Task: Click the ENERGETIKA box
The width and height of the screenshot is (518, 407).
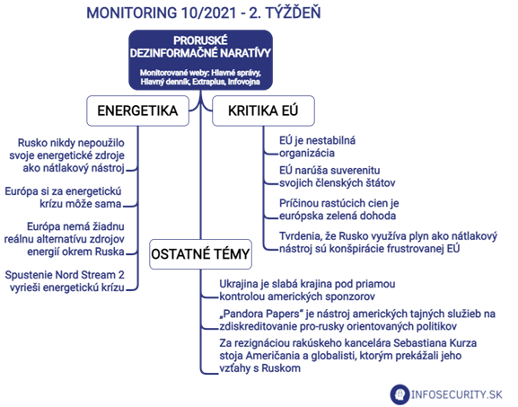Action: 137,111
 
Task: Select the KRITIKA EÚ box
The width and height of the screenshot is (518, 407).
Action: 263,111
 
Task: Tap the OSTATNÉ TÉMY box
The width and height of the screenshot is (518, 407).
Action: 200,254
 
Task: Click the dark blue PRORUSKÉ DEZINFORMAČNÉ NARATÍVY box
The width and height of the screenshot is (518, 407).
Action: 200,60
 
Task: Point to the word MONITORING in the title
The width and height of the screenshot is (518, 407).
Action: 132,13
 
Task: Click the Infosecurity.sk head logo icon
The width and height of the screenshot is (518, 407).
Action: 399,394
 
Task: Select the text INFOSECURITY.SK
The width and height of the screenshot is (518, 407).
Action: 457,394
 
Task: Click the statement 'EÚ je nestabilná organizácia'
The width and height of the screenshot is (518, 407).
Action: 318,146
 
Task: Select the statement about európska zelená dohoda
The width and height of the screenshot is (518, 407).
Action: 339,209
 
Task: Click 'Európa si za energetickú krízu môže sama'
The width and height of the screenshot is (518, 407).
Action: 64,198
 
